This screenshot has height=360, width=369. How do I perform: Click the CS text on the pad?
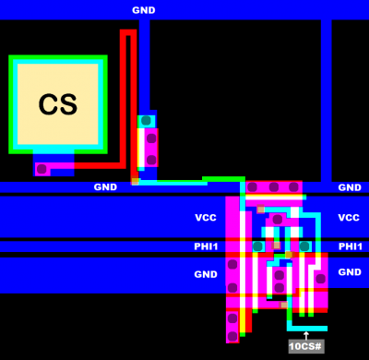(x=57, y=104)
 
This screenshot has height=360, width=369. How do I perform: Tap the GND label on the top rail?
(x=143, y=10)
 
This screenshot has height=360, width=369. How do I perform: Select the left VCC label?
(x=206, y=218)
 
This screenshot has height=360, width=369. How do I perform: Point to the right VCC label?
(x=349, y=218)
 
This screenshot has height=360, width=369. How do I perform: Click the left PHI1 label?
(x=206, y=246)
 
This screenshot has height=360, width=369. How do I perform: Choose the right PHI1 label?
(x=351, y=246)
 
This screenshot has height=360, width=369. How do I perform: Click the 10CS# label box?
(x=305, y=346)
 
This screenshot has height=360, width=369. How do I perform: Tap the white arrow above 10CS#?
(x=305, y=334)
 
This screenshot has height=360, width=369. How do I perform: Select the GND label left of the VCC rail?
(x=106, y=187)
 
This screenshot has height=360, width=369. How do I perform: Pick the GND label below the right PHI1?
(x=350, y=272)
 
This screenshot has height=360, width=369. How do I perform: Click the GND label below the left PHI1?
(x=206, y=274)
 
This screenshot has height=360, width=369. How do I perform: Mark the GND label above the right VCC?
(x=350, y=187)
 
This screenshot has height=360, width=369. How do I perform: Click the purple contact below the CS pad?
(x=42, y=169)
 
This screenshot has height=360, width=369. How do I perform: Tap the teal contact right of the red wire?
(x=146, y=121)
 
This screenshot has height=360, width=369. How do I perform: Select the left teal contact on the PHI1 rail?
(x=258, y=246)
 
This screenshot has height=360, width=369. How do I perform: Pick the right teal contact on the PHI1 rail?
(x=304, y=246)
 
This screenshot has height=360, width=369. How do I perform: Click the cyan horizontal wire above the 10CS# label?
(x=306, y=328)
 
